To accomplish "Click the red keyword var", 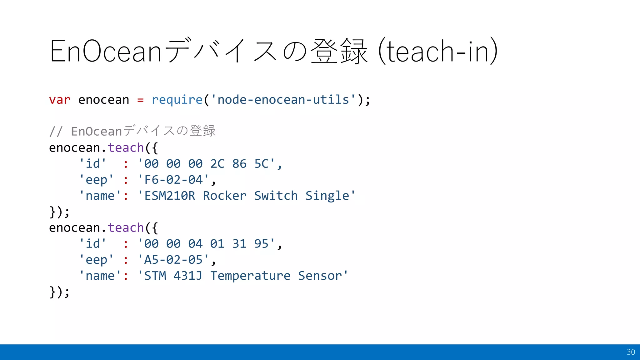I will click(60, 100).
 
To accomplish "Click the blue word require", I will click(177, 100).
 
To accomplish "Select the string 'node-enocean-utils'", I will click(283, 100).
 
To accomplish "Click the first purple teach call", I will click(126, 148).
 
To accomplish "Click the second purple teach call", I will click(126, 228).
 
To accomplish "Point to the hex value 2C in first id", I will click(217, 164).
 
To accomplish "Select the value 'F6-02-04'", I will click(173, 180).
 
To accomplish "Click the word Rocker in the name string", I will click(225, 196).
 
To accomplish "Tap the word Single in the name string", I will click(327, 196).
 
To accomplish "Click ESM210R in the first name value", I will click(170, 196).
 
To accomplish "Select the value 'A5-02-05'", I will click(173, 260).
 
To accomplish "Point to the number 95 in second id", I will click(261, 244).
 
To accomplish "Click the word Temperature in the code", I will click(250, 276).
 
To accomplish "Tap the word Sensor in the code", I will click(320, 276).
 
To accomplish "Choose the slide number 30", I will click(631, 352).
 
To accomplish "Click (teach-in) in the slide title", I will click(437, 51).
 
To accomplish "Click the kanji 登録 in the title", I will click(339, 51).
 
